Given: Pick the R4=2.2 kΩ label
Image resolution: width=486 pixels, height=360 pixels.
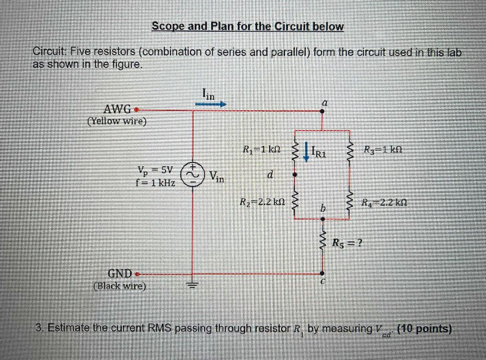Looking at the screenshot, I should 384,202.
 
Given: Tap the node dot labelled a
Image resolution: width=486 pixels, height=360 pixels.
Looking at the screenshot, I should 322,112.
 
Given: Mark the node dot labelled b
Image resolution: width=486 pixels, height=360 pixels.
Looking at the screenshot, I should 322,219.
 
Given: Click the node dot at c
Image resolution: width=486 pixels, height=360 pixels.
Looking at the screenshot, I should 322,274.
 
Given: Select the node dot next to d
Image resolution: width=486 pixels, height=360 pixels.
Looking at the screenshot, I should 295,175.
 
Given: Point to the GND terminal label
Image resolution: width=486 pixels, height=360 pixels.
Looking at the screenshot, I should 120,274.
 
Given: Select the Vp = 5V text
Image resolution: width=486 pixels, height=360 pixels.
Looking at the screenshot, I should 156,170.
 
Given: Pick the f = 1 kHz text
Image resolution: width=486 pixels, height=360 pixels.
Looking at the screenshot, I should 156,182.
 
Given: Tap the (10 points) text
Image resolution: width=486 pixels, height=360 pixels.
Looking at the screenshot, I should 423,329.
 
